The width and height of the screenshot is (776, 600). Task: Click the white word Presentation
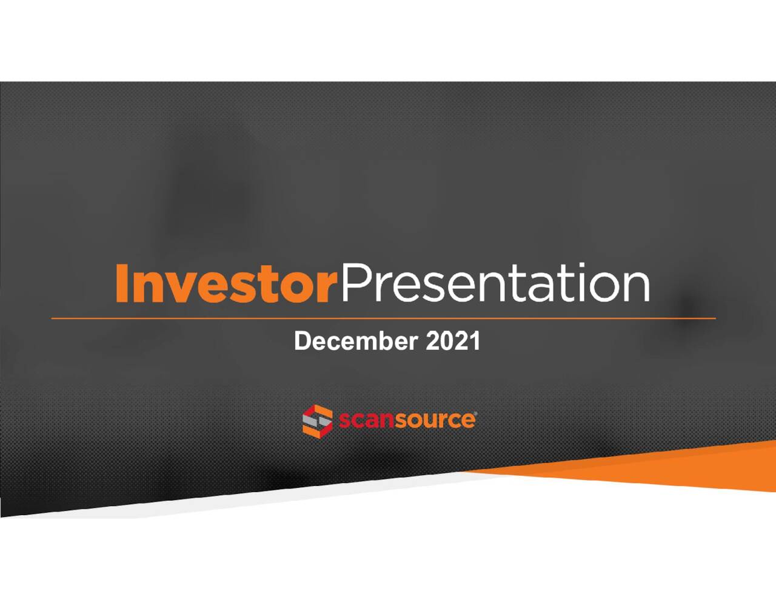494,284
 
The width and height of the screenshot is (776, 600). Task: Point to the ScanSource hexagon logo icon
317,420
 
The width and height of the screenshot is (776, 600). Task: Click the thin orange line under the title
383,318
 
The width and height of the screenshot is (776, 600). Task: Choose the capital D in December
301,341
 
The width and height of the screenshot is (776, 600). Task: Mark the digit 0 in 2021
446,341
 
